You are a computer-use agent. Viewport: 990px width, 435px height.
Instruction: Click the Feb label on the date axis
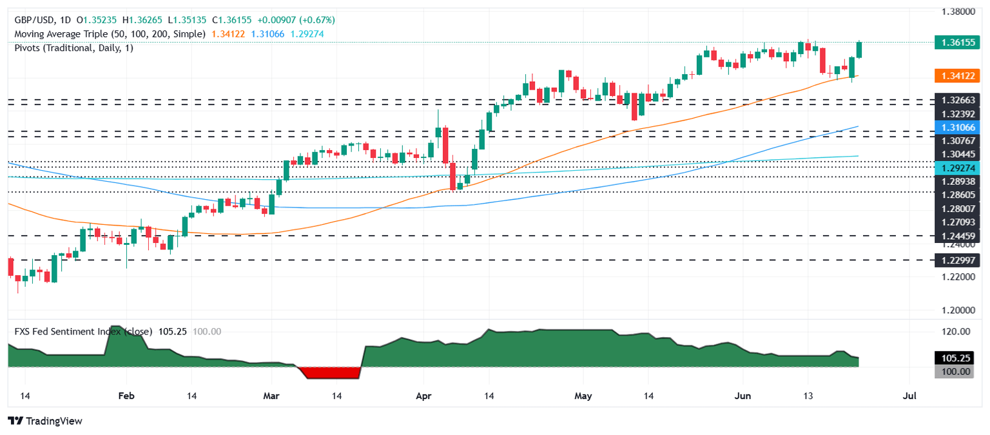click(x=126, y=395)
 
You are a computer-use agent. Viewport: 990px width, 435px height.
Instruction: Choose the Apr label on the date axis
click(x=423, y=395)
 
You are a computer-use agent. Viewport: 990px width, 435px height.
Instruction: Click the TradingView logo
click(x=45, y=421)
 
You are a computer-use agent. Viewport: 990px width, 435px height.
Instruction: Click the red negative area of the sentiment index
click(x=329, y=372)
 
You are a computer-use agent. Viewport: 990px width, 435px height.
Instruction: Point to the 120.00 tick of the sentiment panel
click(x=956, y=332)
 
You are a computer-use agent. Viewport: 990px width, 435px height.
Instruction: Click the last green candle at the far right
click(x=859, y=50)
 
